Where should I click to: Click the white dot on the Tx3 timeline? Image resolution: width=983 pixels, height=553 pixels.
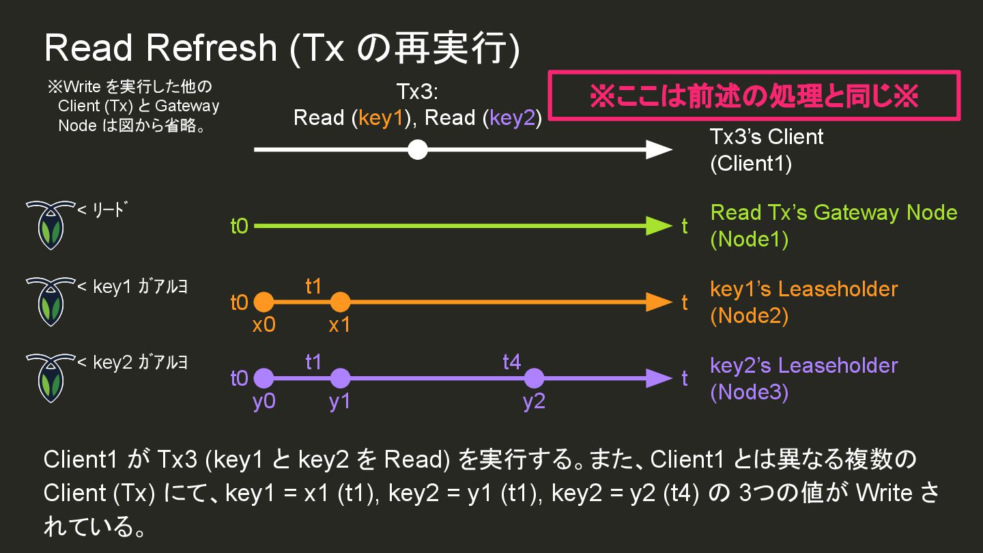(x=418, y=150)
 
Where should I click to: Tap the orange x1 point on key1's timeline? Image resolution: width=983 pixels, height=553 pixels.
(x=339, y=302)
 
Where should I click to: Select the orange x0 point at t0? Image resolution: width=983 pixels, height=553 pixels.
(x=263, y=302)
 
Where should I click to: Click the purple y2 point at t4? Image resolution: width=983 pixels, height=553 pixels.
(x=534, y=378)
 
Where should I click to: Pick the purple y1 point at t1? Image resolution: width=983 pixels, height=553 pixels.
(x=339, y=378)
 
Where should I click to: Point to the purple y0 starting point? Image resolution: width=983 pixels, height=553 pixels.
(x=263, y=378)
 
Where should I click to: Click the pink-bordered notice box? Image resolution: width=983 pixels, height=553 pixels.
(x=754, y=96)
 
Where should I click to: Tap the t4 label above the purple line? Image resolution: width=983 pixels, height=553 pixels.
(x=512, y=361)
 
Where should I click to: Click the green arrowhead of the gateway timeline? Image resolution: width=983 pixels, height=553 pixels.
(x=659, y=226)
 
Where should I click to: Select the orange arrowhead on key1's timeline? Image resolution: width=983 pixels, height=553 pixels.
(x=659, y=302)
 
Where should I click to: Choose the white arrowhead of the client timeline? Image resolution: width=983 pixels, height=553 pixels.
(x=659, y=150)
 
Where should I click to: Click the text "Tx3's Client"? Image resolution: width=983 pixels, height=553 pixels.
(x=767, y=137)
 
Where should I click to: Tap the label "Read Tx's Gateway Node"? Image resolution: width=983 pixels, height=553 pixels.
(x=834, y=212)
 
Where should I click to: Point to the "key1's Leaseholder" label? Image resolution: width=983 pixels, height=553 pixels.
(x=803, y=289)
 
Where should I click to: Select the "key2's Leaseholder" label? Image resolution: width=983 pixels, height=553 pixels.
(x=803, y=365)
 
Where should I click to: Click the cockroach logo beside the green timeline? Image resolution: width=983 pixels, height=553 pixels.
(x=48, y=225)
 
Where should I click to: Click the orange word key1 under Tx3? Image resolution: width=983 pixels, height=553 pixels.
(x=383, y=118)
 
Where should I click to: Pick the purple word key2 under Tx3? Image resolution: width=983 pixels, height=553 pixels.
(x=513, y=118)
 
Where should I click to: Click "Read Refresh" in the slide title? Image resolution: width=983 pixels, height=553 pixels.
(x=160, y=48)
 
